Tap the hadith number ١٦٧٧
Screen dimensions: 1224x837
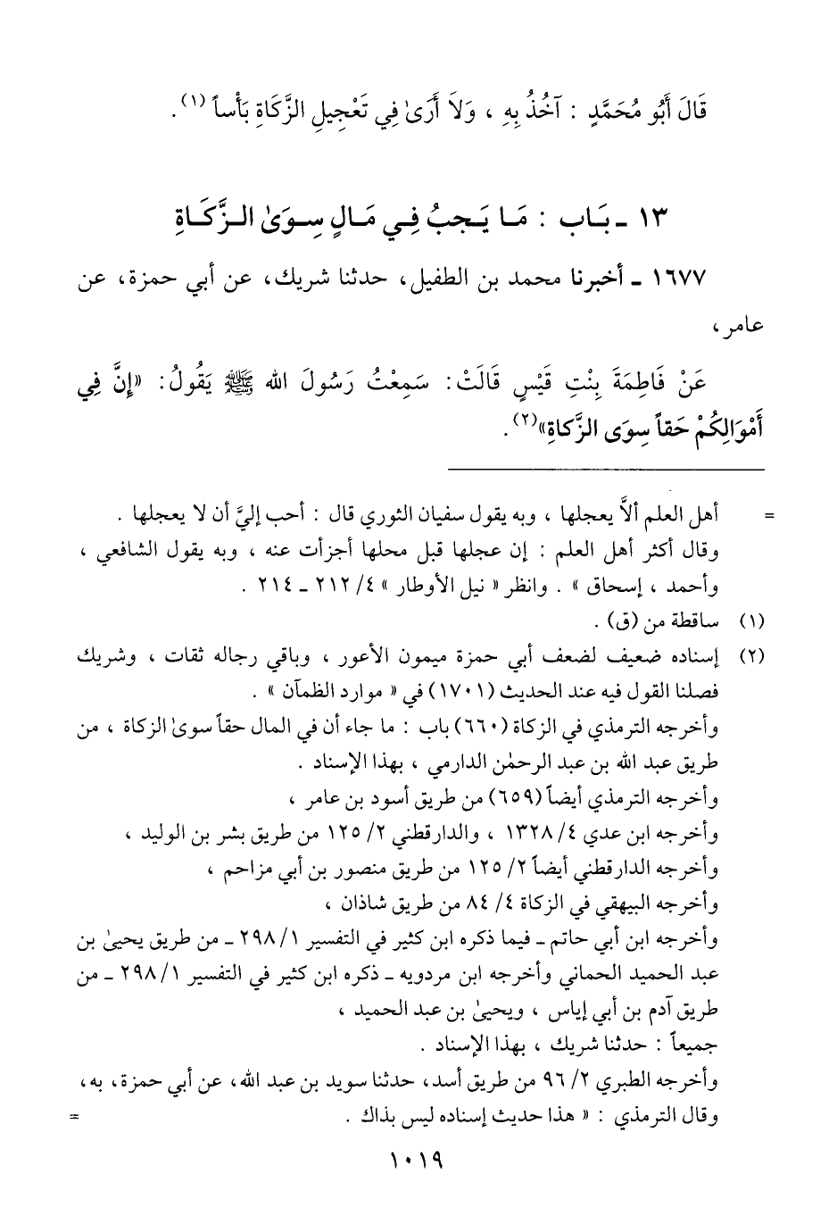(679, 279)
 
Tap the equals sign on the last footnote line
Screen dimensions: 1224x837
(74, 1115)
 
